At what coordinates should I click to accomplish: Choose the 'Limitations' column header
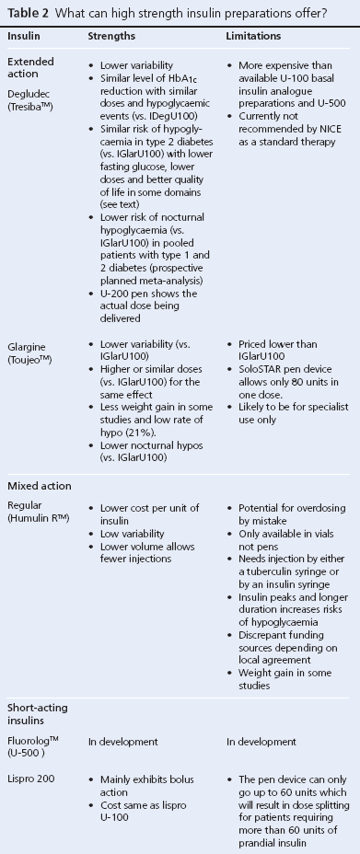[253, 35]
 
